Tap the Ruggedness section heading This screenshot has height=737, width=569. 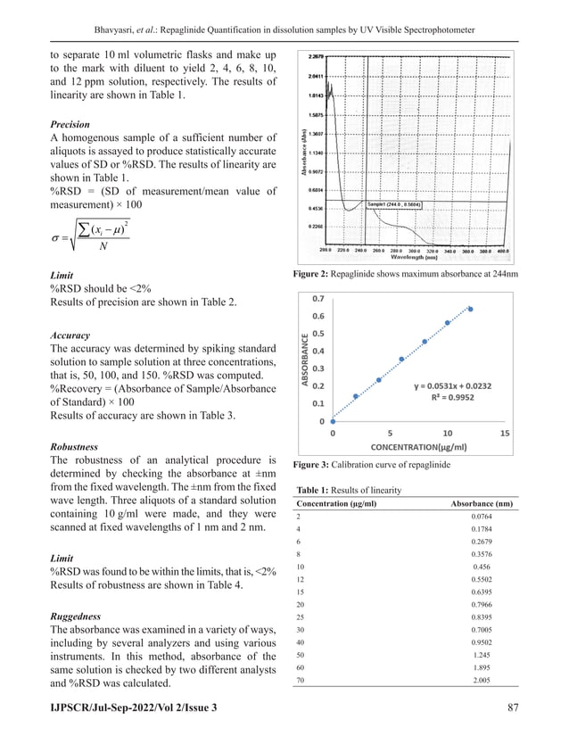tap(75, 617)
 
